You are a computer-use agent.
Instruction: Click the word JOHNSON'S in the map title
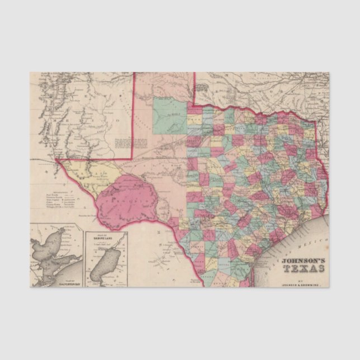[302, 260]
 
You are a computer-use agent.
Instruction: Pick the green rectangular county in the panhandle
[170, 116]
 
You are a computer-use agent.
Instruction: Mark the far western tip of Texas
[57, 160]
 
